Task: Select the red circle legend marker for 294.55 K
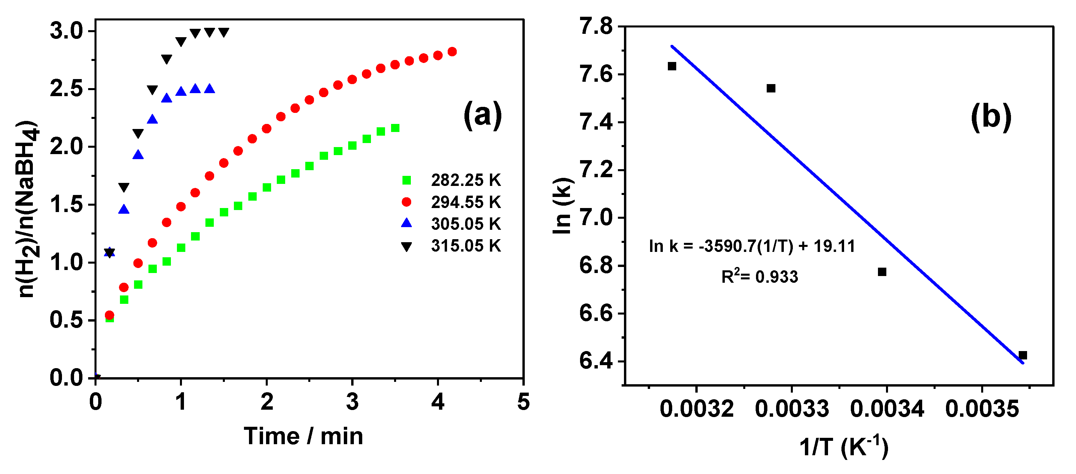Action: pyautogui.click(x=406, y=202)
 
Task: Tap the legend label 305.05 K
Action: pyautogui.click(x=465, y=224)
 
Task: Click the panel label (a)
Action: pyautogui.click(x=483, y=116)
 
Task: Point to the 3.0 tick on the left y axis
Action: pyautogui.click(x=67, y=31)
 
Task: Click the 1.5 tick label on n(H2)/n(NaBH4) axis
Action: pyautogui.click(x=67, y=205)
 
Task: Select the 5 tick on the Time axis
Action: pyautogui.click(x=523, y=402)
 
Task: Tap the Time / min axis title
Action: pyautogui.click(x=303, y=436)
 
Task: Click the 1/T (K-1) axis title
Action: pyautogui.click(x=844, y=447)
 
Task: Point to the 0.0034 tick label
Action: pyautogui.click(x=887, y=408)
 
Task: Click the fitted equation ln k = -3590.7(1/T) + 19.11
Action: pyautogui.click(x=752, y=247)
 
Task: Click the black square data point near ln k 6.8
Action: pyautogui.click(x=882, y=272)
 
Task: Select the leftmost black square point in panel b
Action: pyautogui.click(x=672, y=66)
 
